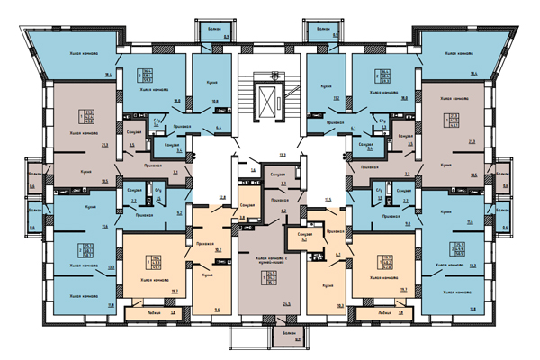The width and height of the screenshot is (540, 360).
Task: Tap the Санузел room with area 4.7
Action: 297,237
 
